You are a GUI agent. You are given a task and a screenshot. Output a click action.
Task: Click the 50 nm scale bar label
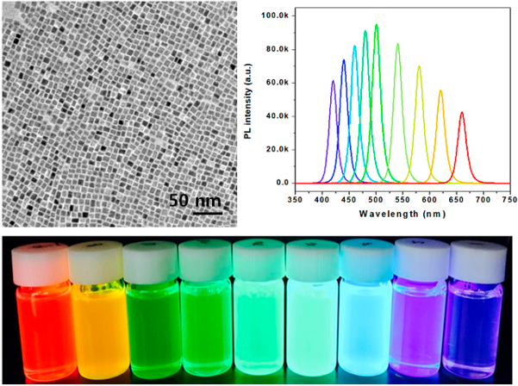(195, 201)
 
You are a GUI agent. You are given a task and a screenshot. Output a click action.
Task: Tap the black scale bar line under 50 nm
(208, 214)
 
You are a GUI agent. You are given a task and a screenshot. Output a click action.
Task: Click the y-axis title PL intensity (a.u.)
(249, 101)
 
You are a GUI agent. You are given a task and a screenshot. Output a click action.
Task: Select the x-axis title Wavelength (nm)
(402, 214)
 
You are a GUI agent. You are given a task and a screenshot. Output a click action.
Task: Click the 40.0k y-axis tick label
(278, 116)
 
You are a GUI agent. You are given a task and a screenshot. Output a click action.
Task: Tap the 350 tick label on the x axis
(295, 200)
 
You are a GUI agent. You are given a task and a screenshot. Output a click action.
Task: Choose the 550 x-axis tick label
(403, 200)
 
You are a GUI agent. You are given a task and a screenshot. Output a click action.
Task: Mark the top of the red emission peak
(462, 113)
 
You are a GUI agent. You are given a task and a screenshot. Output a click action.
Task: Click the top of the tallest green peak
(377, 25)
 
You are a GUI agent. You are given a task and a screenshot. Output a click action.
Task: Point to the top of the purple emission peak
(333, 81)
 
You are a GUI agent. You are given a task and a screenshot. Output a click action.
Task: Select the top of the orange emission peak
(440, 90)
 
